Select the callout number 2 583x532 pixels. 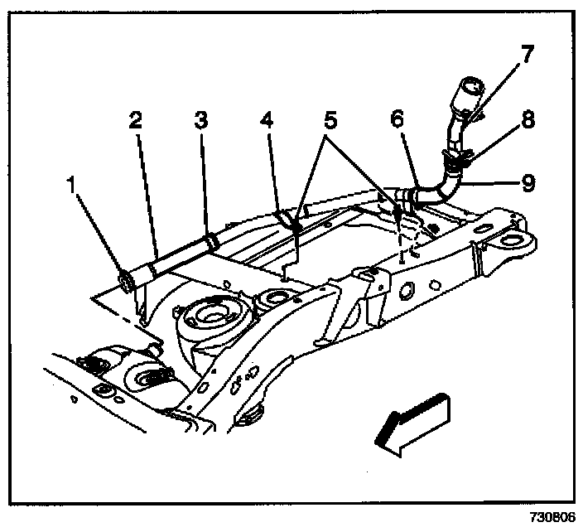pyautogui.click(x=135, y=120)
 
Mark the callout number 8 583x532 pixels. pyautogui.click(x=527, y=120)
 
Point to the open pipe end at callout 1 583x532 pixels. pyautogui.click(x=128, y=281)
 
